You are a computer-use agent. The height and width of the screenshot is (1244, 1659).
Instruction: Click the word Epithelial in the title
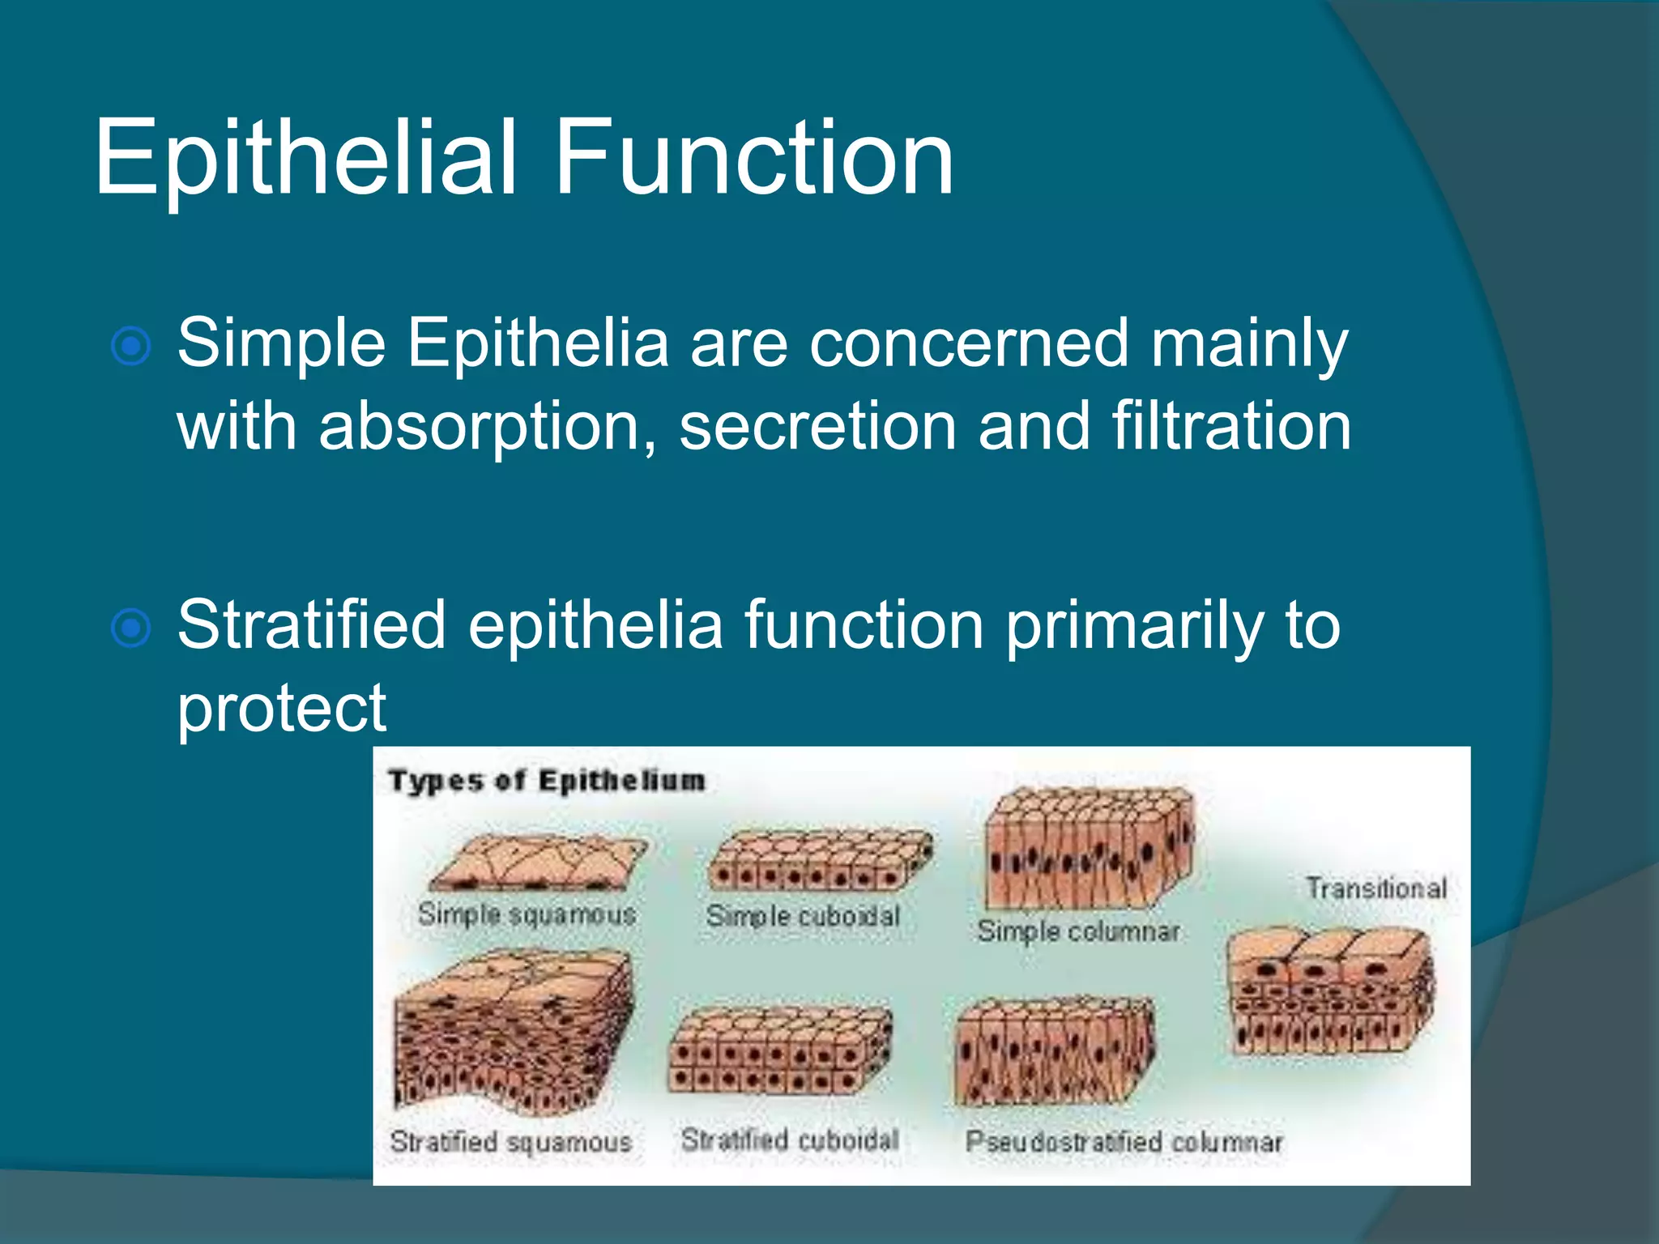(305, 158)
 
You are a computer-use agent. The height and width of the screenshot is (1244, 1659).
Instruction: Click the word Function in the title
(753, 158)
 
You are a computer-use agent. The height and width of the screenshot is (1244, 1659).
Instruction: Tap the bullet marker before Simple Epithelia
(131, 347)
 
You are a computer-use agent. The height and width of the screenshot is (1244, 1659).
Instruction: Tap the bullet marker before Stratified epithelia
(131, 628)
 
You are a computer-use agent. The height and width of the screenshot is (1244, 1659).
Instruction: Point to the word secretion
(817, 427)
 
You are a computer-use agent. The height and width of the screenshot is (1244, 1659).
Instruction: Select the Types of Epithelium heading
(547, 781)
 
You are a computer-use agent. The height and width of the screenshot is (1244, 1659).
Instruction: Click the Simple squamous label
(527, 914)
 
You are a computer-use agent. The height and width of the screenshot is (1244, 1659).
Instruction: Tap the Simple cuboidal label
(803, 916)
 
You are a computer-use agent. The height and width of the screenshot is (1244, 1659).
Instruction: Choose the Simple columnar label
(1078, 931)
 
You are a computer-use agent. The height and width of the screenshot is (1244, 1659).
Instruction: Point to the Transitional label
(1375, 888)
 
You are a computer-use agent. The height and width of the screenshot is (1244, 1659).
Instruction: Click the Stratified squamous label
(510, 1142)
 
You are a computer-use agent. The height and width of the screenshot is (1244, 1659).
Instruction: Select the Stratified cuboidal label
(790, 1140)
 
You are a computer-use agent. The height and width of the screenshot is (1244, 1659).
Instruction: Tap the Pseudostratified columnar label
(1124, 1142)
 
